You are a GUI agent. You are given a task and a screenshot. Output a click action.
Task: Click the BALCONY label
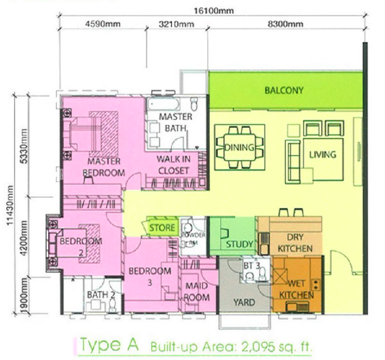284,91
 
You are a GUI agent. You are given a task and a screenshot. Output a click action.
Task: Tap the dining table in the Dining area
239,147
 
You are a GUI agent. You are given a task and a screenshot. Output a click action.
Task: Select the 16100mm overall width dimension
213,11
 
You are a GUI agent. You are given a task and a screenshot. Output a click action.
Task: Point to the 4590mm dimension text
103,24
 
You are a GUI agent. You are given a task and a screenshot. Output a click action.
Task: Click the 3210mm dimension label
176,24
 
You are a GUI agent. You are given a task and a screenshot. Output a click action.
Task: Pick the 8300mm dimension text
285,24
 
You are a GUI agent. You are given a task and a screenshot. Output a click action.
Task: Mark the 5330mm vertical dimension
24,146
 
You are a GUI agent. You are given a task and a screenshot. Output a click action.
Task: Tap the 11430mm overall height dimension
10,205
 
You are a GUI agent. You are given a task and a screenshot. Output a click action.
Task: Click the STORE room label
162,228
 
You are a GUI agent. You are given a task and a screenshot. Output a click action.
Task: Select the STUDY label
239,244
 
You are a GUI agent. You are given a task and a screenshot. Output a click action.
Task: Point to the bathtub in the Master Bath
163,104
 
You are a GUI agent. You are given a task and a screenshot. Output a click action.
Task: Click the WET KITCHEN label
296,289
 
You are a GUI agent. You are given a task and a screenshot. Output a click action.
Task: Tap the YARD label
244,302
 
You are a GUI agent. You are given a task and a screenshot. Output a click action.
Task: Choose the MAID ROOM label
197,292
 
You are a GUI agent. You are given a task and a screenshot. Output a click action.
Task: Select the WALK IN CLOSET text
173,165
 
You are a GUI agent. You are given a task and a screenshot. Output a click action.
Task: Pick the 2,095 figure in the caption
258,347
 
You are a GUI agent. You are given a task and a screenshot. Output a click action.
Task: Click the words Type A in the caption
109,345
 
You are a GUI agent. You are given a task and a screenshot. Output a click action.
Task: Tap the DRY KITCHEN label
295,243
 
